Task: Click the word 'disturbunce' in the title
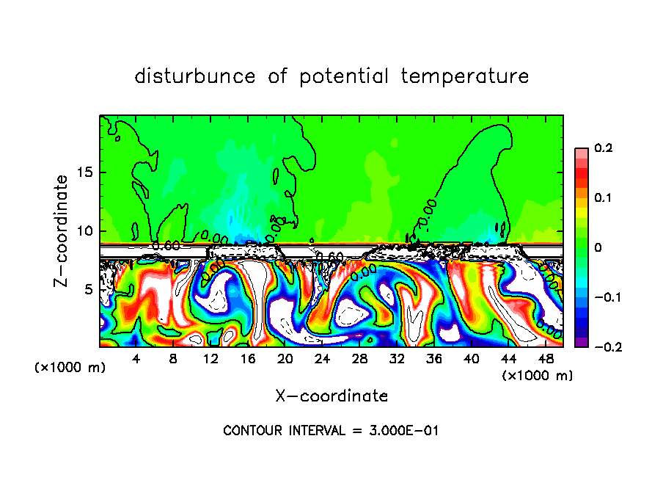point(195,76)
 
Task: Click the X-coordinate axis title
point(331,396)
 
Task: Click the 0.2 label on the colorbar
point(603,148)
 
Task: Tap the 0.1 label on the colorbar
point(603,198)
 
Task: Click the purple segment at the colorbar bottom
point(581,342)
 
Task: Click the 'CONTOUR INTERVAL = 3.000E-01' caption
point(331,431)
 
